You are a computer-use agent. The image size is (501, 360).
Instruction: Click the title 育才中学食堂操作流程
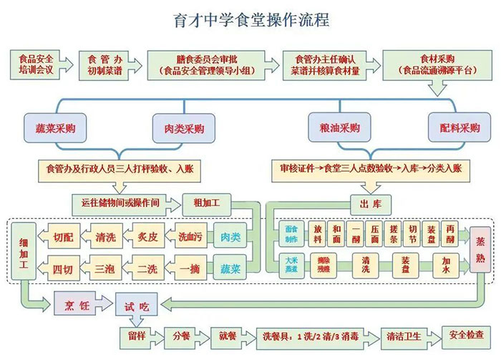(x=251, y=19)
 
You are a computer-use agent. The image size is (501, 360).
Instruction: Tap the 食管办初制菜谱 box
(x=104, y=64)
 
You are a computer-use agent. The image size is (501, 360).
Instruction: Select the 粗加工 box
(x=206, y=203)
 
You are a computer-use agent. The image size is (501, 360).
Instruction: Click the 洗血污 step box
(x=190, y=237)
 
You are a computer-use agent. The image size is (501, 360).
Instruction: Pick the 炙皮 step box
(x=148, y=237)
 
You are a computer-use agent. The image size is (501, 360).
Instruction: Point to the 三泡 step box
(x=104, y=270)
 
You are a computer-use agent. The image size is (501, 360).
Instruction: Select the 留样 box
(x=137, y=335)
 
